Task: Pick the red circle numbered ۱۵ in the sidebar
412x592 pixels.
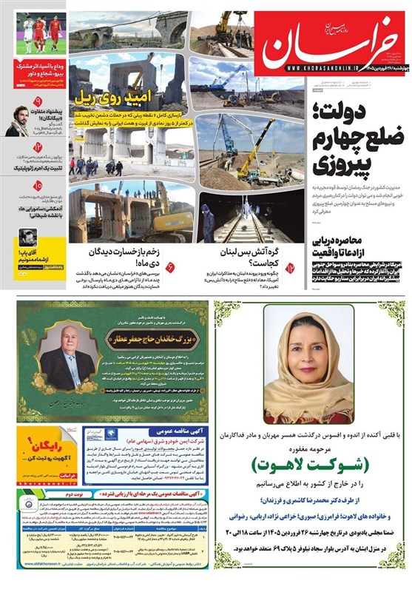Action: (x=38, y=186)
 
